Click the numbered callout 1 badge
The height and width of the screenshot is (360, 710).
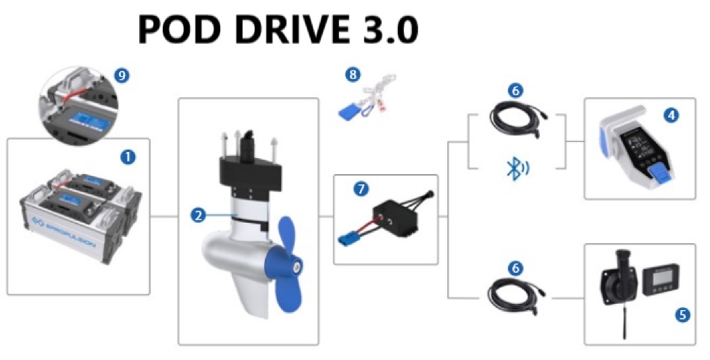coord(128,157)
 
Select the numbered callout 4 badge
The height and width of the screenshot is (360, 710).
coord(671,115)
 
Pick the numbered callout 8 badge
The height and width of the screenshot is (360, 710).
coord(352,75)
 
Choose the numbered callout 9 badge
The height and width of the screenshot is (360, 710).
coord(122,76)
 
